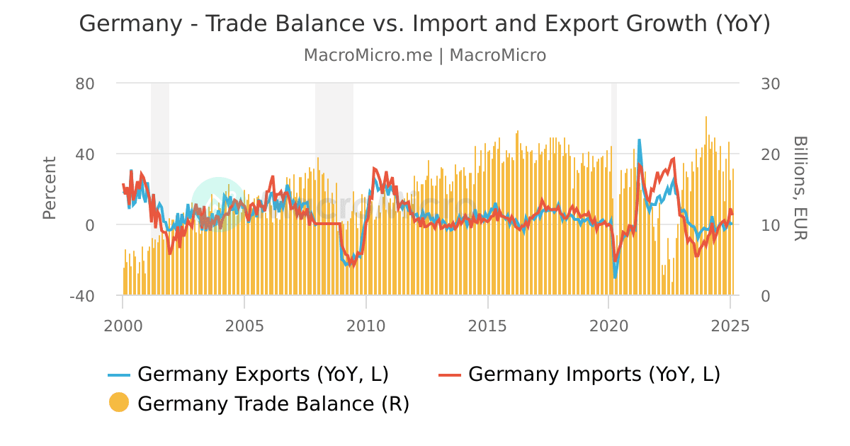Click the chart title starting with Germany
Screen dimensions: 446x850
(x=424, y=24)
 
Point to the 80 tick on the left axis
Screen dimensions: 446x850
(x=85, y=84)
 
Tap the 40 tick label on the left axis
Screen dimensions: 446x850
(x=85, y=154)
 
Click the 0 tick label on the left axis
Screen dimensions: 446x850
(x=90, y=225)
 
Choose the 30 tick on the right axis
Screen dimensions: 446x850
(x=770, y=84)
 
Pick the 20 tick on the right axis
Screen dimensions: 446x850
(x=770, y=154)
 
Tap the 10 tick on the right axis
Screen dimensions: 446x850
(x=770, y=225)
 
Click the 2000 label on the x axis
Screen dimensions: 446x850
(x=123, y=326)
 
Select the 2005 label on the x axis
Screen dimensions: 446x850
(x=244, y=326)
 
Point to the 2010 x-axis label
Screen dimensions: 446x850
(x=366, y=326)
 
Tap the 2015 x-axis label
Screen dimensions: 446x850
(x=487, y=326)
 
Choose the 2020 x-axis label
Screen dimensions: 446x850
(x=609, y=326)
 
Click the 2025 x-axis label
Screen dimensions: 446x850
(x=730, y=326)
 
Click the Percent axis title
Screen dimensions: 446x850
(x=50, y=188)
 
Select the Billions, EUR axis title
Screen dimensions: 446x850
(x=800, y=188)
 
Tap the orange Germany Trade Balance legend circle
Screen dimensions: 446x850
(x=119, y=403)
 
